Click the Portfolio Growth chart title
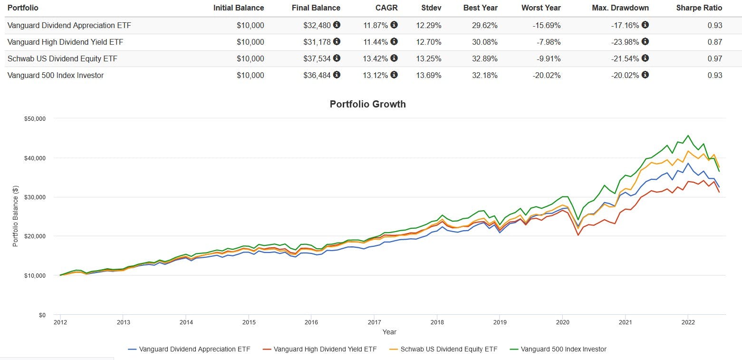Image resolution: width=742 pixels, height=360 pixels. pos(367,104)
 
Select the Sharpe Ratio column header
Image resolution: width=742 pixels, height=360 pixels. pos(699,8)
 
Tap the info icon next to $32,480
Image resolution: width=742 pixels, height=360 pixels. pos(337,25)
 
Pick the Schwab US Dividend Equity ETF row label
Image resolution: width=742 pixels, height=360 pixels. pos(62,58)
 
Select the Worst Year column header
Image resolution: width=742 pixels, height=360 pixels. pos(541,8)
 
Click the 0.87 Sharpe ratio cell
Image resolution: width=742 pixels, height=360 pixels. pos(714,42)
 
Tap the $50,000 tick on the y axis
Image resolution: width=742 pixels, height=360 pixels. pos(35,118)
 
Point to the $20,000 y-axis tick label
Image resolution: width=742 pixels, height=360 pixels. pos(35,236)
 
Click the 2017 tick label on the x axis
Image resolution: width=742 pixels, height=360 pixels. pos(374,322)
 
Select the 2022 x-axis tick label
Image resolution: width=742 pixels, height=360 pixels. pos(688,322)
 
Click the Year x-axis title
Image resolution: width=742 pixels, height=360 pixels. pos(389,332)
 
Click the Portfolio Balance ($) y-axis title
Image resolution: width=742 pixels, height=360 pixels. pos(15,216)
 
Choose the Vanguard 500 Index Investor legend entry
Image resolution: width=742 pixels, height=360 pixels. pos(563,349)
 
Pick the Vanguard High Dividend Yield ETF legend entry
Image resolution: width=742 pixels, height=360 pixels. pos(325,349)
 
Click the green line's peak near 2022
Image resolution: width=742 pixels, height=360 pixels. pos(688,136)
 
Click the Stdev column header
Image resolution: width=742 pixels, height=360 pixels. pos(431,8)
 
